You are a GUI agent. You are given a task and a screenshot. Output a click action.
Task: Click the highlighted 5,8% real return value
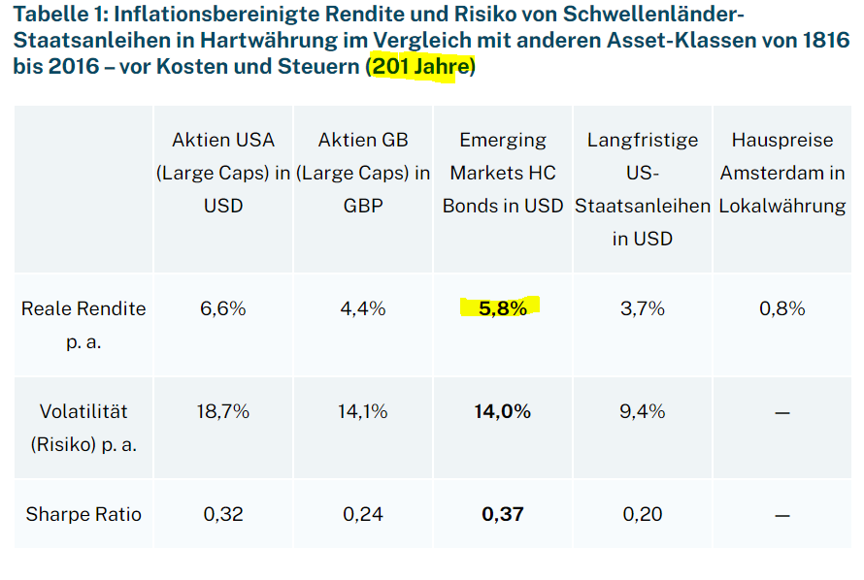(x=502, y=308)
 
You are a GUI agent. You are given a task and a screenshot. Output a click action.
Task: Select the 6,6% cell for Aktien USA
(x=222, y=308)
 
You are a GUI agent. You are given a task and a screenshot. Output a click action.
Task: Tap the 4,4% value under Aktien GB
(x=362, y=308)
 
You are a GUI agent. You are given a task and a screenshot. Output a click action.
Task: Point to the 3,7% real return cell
(x=642, y=308)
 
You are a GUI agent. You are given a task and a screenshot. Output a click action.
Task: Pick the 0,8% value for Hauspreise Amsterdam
(x=782, y=308)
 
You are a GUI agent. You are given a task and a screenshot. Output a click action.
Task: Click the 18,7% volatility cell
(x=222, y=411)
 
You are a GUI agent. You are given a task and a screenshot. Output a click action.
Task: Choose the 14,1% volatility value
(x=362, y=411)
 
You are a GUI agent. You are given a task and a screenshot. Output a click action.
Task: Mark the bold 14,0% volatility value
(x=502, y=411)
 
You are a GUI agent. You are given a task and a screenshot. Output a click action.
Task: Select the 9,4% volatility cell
(x=642, y=411)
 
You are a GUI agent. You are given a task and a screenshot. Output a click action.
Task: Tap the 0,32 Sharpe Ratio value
(x=222, y=514)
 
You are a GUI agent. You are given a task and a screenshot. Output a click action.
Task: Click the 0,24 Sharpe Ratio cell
(x=362, y=514)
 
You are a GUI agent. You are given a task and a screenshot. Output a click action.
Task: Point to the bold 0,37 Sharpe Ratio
(x=502, y=514)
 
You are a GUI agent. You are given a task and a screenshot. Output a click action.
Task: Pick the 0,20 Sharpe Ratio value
(x=642, y=514)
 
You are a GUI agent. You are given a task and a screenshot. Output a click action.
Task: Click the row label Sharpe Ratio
(x=83, y=514)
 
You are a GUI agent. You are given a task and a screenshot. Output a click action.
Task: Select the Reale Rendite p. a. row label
(x=83, y=325)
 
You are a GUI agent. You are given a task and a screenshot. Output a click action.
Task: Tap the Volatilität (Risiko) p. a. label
(x=83, y=428)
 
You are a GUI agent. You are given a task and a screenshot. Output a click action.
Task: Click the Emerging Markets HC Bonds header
(x=502, y=173)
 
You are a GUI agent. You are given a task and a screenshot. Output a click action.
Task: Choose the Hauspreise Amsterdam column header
(x=782, y=173)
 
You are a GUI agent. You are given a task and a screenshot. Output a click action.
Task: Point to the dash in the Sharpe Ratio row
(x=782, y=515)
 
